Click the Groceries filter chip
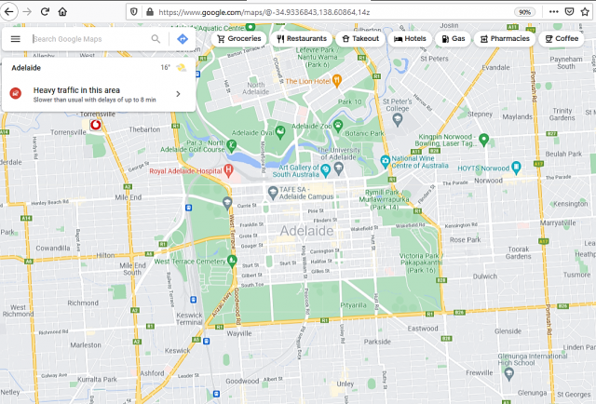[238, 39]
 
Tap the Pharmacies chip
[505, 39]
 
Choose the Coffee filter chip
[562, 39]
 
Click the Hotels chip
[410, 39]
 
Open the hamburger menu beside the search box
[15, 39]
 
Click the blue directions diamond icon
[182, 39]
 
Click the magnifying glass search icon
[156, 39]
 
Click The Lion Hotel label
[308, 81]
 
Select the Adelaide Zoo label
[312, 125]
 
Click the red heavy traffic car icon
[16, 93]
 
